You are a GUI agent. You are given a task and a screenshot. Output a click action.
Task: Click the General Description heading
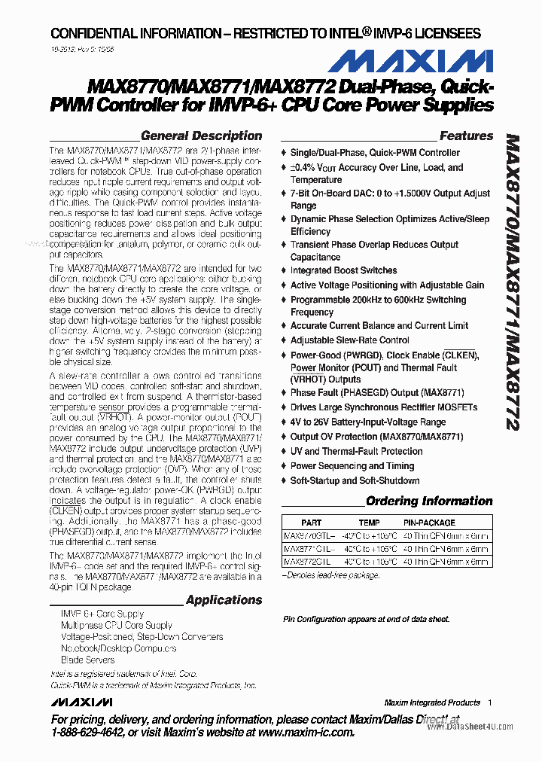pyautogui.click(x=201, y=136)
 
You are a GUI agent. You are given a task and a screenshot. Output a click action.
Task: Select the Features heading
pyautogui.click(x=466, y=136)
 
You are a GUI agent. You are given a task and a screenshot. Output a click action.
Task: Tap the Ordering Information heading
pyautogui.click(x=429, y=501)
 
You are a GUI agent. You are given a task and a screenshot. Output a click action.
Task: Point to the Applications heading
pyautogui.click(x=224, y=600)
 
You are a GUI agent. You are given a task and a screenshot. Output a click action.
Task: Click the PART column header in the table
pyautogui.click(x=311, y=523)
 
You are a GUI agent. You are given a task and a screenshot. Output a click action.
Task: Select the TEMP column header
pyautogui.click(x=369, y=523)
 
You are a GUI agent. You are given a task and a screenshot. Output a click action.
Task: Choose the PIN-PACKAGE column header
pyautogui.click(x=429, y=523)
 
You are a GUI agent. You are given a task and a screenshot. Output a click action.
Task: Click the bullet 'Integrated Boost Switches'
pyautogui.click(x=343, y=270)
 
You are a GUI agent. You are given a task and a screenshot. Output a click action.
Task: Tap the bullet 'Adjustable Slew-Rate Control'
pyautogui.click(x=349, y=340)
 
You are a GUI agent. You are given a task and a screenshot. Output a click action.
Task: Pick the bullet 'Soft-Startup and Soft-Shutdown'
pyautogui.click(x=355, y=480)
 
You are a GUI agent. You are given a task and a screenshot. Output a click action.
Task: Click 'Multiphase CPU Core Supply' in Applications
pyautogui.click(x=116, y=626)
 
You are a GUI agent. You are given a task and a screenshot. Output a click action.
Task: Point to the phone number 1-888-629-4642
pyautogui.click(x=93, y=733)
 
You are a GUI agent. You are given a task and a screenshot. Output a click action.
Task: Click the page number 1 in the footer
pyautogui.click(x=489, y=703)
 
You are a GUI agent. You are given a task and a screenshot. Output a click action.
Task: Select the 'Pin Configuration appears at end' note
pyautogui.click(x=366, y=620)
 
